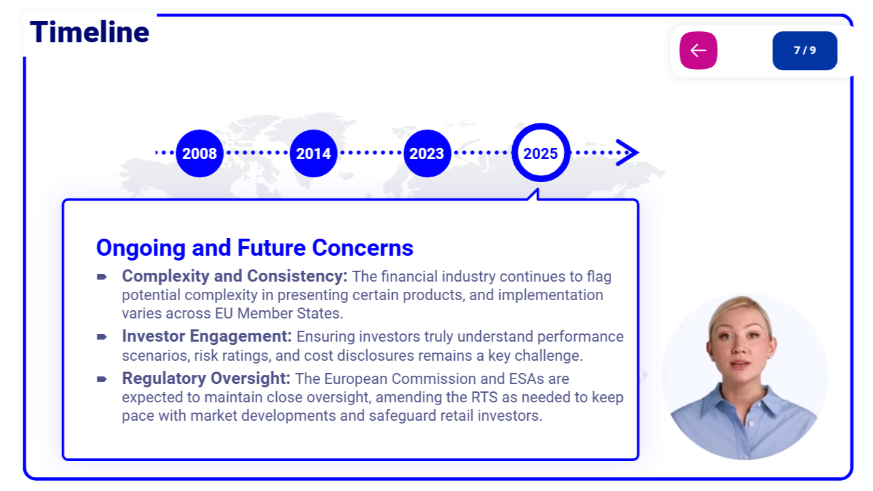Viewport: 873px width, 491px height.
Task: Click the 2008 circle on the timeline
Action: [x=200, y=153]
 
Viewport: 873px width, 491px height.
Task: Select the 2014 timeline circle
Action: [x=313, y=153]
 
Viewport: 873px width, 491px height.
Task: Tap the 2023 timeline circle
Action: [x=427, y=153]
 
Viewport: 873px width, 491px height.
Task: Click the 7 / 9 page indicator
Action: [x=805, y=50]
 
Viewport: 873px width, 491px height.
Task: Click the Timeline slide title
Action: [x=89, y=32]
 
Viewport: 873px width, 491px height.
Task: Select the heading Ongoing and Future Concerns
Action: [x=254, y=248]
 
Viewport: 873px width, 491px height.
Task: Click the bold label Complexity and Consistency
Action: [x=235, y=276]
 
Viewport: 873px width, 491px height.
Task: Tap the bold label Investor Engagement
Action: [x=207, y=336]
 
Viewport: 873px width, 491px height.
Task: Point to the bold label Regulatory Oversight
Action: [x=206, y=378]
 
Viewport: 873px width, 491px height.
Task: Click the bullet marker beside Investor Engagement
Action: [x=102, y=337]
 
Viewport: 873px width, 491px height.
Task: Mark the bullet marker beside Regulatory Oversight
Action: [x=102, y=379]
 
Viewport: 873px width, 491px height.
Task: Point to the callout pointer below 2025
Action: [x=534, y=194]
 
